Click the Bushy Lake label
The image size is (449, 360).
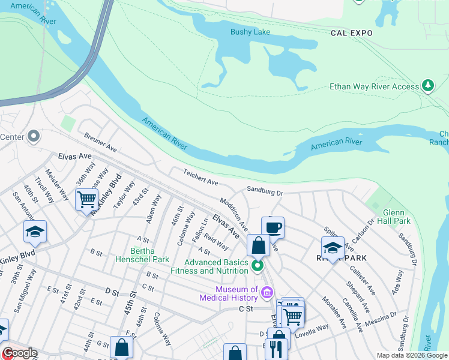click(250, 32)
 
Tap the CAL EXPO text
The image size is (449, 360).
click(352, 34)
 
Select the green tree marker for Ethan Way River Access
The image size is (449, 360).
click(428, 86)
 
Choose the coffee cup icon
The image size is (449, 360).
click(273, 227)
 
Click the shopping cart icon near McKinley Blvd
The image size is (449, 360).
click(87, 199)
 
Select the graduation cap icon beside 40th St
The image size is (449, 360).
click(35, 232)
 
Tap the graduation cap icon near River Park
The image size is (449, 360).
click(332, 247)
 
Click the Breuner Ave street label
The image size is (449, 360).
click(100, 142)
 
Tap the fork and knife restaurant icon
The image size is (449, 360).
click(276, 349)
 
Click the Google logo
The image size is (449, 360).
click(19, 353)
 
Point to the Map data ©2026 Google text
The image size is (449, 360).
click(411, 355)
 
